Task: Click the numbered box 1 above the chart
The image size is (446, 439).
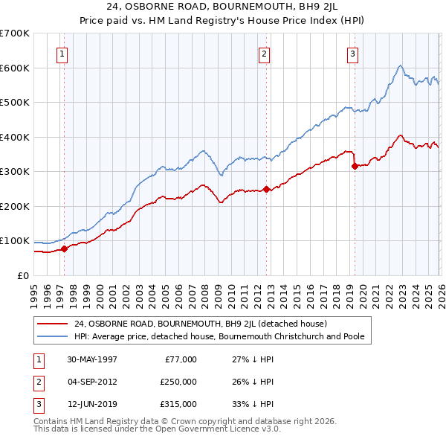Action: click(x=63, y=54)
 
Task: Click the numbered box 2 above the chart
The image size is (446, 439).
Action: click(x=264, y=54)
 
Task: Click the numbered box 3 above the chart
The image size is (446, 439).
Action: click(x=352, y=54)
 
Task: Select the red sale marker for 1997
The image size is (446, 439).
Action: click(x=64, y=249)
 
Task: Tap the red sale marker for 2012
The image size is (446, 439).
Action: click(x=265, y=189)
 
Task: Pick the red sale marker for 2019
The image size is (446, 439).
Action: click(x=355, y=166)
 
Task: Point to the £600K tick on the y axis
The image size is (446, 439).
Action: click(x=15, y=68)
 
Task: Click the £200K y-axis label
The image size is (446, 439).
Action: click(x=15, y=206)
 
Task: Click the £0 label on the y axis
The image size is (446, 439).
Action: click(x=22, y=275)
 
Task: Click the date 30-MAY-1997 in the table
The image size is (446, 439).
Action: click(x=92, y=359)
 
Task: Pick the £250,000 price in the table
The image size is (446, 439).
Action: click(x=178, y=382)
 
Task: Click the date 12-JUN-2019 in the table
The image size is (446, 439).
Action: click(x=92, y=404)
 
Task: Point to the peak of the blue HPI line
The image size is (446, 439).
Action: click(x=400, y=65)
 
